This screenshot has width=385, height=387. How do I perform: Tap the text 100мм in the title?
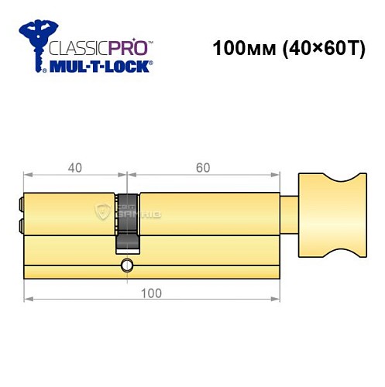click(x=242, y=49)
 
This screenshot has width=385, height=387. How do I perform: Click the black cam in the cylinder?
click(x=129, y=221)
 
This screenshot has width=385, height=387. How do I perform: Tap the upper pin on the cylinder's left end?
click(x=20, y=204)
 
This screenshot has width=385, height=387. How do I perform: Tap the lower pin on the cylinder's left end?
click(x=20, y=226)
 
